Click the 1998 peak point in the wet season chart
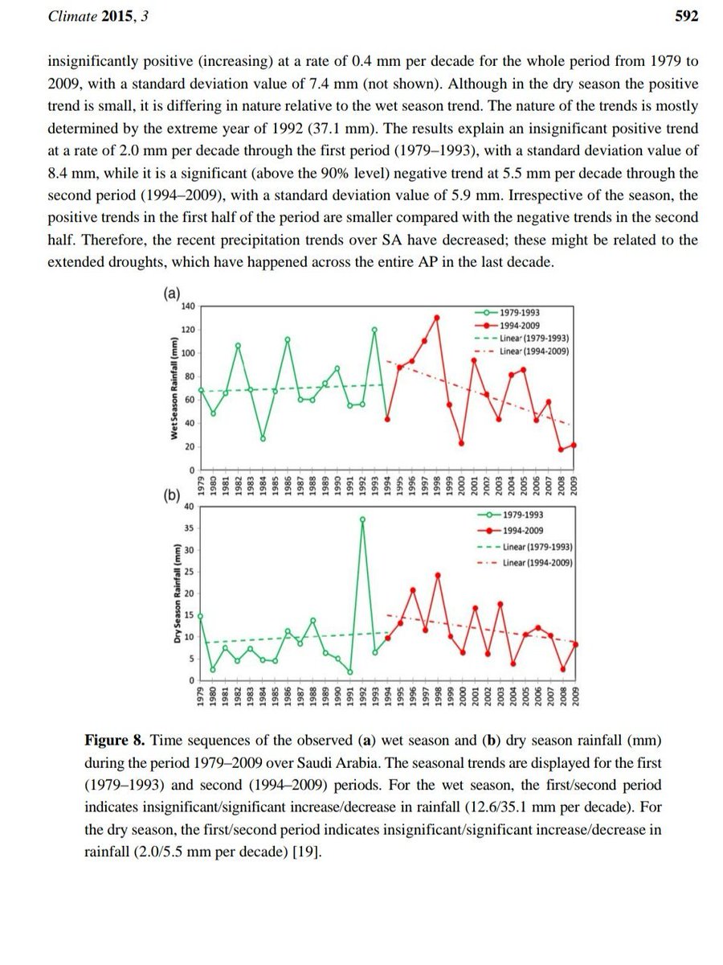point(437,318)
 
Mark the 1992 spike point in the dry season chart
point(362,519)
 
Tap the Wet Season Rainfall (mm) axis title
point(174,388)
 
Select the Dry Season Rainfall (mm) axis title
point(174,594)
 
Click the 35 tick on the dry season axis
point(190,528)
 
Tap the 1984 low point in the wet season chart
point(263,438)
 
